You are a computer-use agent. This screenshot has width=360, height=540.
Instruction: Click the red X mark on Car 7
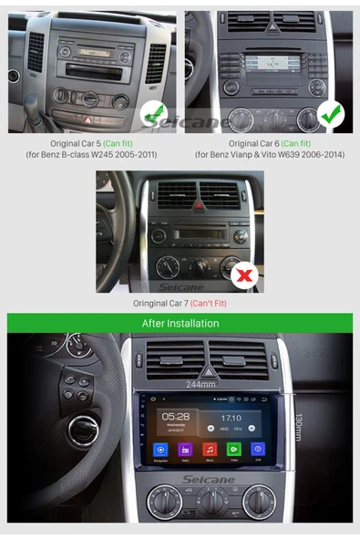pyautogui.click(x=244, y=274)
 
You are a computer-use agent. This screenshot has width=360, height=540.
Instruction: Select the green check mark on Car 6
pyautogui.click(x=333, y=115)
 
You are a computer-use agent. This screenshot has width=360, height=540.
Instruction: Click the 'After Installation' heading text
pyautogui.click(x=180, y=323)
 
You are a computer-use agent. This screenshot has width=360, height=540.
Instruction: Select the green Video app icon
pyautogui.click(x=234, y=450)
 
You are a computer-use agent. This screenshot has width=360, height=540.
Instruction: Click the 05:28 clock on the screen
pyautogui.click(x=175, y=415)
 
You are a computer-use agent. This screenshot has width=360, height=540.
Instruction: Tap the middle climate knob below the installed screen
pyautogui.click(x=211, y=501)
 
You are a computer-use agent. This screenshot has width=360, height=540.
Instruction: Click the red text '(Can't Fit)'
pyautogui.click(x=209, y=303)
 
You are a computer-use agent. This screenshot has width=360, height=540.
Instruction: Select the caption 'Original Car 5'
pyautogui.click(x=76, y=143)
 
